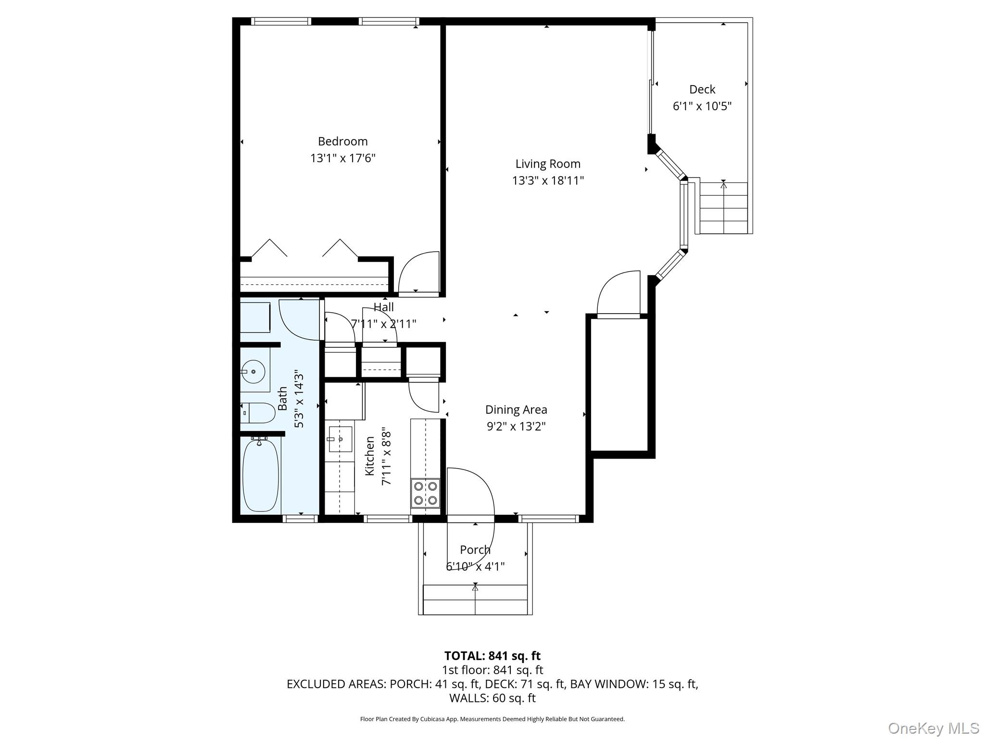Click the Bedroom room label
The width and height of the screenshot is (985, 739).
tap(342, 141)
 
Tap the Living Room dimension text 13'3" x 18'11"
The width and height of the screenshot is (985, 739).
tap(548, 181)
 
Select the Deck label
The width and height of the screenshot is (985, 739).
tap(702, 89)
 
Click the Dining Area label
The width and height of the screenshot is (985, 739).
tap(516, 410)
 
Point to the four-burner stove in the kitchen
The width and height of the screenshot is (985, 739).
tap(425, 493)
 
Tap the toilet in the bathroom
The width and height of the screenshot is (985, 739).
tap(258, 413)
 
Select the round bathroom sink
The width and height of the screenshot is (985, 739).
tap(253, 372)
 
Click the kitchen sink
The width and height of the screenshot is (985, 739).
tap(341, 439)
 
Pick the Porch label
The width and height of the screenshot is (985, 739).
tap(475, 550)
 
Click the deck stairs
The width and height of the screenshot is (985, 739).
tap(723, 207)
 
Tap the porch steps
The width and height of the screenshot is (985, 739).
tap(475, 599)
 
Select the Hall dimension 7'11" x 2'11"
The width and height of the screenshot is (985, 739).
tap(383, 324)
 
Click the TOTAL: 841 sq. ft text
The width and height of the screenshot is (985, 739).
tap(492, 656)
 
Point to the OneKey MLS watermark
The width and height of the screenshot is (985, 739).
tap(933, 728)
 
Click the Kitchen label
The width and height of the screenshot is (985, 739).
tap(370, 456)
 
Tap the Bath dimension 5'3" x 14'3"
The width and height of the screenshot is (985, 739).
tap(299, 399)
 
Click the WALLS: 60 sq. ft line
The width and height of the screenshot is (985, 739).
tap(492, 698)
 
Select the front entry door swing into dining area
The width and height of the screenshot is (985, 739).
tap(470, 493)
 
